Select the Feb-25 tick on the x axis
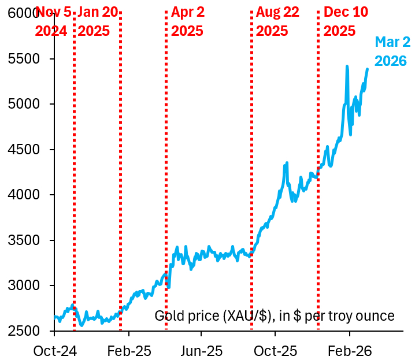tap(128, 350)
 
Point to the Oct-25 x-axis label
tap(275, 350)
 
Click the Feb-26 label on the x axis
tap(349, 350)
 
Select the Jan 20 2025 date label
tap(97, 21)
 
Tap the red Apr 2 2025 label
tap(187, 21)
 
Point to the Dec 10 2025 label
tap(346, 21)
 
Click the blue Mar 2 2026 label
tap(391, 51)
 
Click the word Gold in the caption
tap(168, 316)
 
